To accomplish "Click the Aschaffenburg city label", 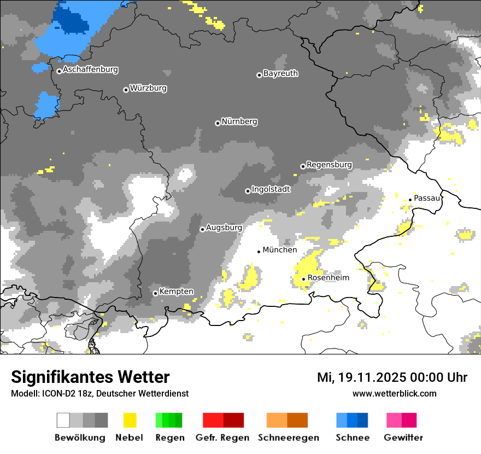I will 90,70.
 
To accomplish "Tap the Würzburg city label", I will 148,88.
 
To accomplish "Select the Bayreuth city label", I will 280,73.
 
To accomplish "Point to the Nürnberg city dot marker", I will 218,123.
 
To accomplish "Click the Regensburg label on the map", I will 329,165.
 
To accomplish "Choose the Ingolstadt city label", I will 271,189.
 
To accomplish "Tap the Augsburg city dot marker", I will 202,229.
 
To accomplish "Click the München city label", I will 280,250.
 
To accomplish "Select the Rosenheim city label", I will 328,278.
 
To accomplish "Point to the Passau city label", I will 427,198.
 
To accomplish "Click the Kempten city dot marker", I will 155,293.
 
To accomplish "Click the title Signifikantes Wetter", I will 90,377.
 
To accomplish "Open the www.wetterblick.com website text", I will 395,393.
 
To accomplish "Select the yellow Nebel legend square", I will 130,420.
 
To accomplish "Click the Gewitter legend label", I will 403,438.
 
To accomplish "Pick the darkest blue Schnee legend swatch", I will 363,420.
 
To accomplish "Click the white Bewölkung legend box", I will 63,420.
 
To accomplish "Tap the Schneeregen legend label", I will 289,438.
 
